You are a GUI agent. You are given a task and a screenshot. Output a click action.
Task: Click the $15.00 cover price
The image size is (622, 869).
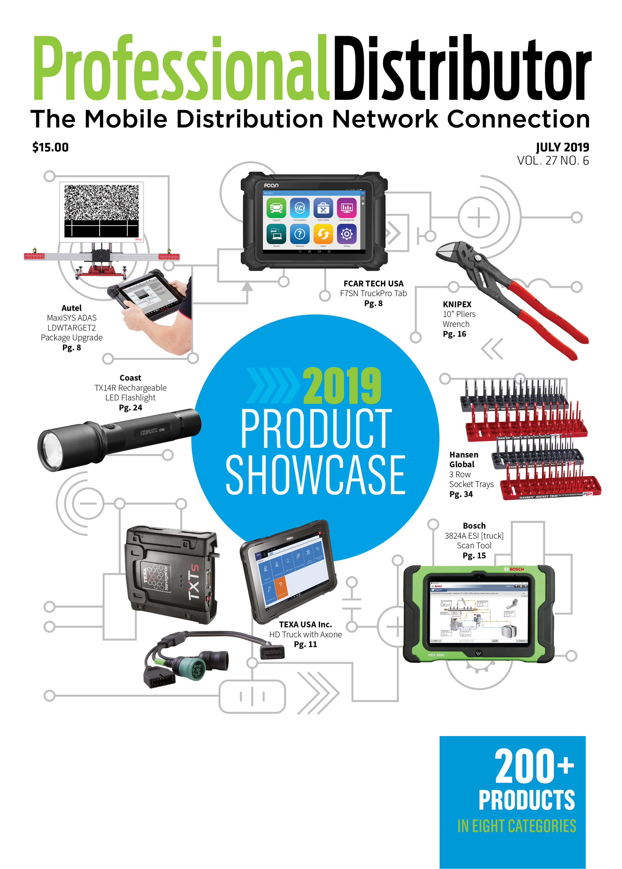point(50,147)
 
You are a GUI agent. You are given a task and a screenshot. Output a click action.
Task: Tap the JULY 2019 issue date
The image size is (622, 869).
point(562,147)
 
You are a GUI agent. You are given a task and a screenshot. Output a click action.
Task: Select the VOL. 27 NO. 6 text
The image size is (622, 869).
point(553,160)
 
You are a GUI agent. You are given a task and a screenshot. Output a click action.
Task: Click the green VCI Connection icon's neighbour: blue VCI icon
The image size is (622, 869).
point(300,208)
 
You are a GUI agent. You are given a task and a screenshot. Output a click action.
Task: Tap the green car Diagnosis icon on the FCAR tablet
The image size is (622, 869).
point(276,208)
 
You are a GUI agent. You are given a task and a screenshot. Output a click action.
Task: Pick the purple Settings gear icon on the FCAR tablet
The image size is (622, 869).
point(347,234)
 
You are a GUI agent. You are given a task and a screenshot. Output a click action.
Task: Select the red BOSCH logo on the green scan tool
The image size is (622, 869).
point(514,569)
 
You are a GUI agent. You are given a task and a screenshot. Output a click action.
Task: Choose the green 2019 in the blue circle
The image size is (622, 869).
point(342,385)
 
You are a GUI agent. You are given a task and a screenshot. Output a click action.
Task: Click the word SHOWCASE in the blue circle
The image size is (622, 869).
point(315,475)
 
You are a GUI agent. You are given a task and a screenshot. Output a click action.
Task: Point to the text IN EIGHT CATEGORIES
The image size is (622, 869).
point(516,826)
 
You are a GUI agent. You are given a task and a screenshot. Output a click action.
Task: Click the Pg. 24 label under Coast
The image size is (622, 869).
point(130,408)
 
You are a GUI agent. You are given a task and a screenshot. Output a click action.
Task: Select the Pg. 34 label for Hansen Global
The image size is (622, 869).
point(461,494)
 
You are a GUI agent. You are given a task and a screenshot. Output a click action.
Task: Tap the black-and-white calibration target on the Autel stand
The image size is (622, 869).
point(101,211)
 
